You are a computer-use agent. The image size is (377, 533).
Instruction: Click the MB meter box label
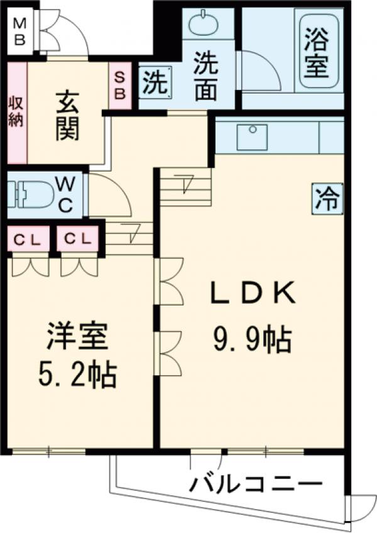click(x=20, y=32)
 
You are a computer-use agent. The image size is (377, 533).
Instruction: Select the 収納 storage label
click(x=16, y=112)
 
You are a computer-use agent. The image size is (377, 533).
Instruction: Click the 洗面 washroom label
click(x=205, y=75)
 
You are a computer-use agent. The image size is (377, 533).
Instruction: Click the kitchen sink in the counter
click(x=252, y=137)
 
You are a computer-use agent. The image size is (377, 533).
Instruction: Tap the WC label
click(x=67, y=194)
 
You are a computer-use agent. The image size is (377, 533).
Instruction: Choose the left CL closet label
click(x=28, y=239)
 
